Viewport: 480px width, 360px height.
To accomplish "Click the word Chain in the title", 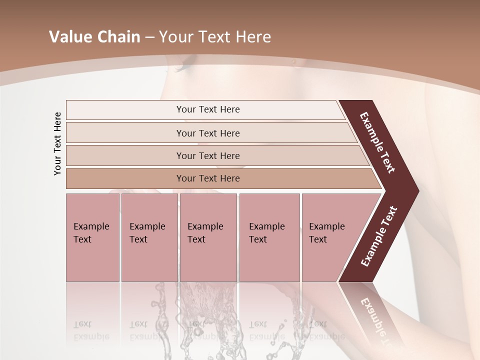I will coord(119,37).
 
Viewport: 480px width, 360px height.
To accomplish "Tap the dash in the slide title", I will coord(149,37).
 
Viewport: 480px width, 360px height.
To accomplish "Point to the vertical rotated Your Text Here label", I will coord(57,143).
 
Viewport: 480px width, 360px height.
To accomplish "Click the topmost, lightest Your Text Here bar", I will coord(207,109).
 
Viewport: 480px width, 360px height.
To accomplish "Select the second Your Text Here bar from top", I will coord(207,133).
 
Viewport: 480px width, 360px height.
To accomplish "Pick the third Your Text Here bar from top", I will coord(207,155).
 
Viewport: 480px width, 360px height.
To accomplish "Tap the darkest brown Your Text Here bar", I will coord(207,178).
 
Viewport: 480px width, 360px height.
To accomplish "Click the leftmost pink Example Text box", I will coord(92,237).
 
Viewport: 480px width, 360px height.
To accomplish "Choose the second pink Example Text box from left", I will coord(149,237).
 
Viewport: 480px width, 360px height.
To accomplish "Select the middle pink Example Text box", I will coord(208,237).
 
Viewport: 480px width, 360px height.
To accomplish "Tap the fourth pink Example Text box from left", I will coord(269,237).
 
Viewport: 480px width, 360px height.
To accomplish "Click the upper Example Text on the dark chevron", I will coord(377,142).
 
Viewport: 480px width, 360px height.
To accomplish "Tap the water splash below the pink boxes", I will coord(200,310).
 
